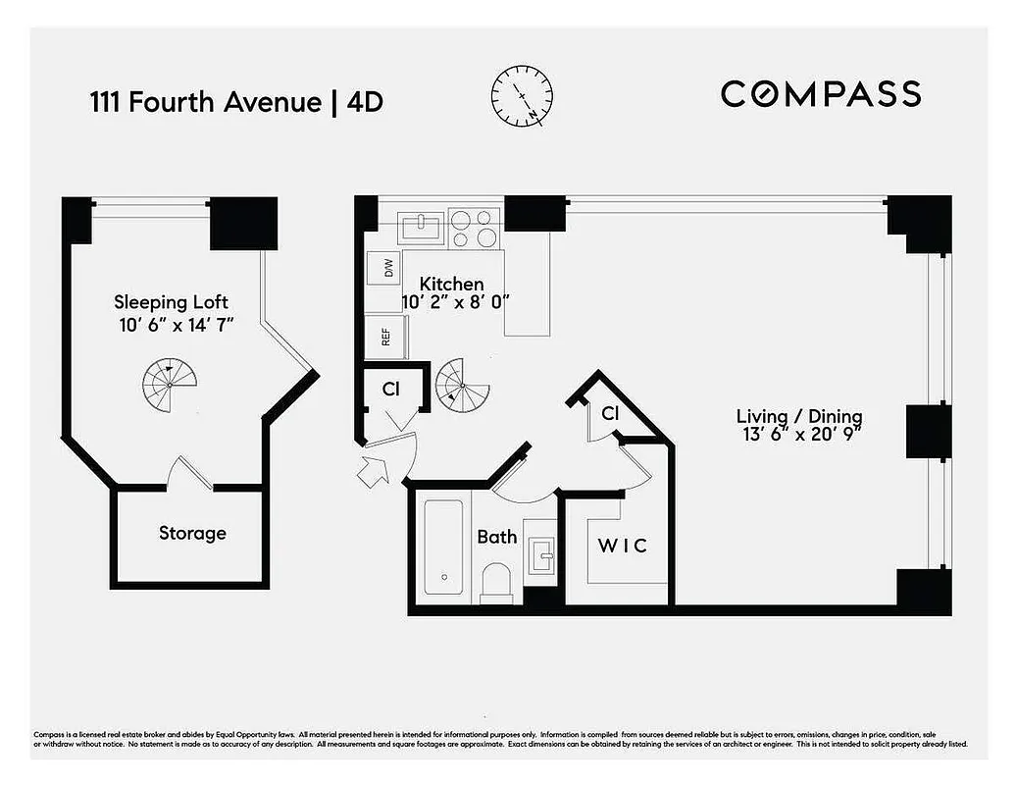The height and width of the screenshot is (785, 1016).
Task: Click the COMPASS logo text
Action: [821, 94]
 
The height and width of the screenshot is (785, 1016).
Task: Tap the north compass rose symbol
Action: [521, 95]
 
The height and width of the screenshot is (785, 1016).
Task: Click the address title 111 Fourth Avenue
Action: [205, 102]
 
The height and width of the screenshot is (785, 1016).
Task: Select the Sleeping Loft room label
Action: [171, 301]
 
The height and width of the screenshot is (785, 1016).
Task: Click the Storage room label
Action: [192, 533]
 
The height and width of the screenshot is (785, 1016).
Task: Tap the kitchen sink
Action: [422, 228]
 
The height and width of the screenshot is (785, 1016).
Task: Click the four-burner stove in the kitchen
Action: [475, 227]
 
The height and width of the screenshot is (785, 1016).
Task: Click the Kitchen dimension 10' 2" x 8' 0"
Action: [456, 302]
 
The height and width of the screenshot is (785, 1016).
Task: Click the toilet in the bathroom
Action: [497, 581]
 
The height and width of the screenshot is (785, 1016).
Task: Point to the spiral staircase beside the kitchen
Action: [462, 385]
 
